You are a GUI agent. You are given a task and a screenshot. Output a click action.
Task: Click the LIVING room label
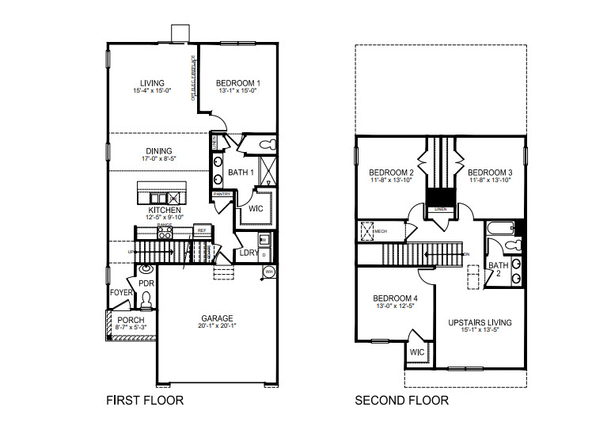151,83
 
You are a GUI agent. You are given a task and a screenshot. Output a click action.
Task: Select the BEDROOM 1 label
238,83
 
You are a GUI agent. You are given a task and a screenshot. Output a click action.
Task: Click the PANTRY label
221,194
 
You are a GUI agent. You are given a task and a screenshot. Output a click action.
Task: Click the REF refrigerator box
202,230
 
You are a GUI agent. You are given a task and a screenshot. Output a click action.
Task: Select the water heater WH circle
269,272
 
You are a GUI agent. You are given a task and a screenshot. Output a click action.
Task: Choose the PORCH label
131,320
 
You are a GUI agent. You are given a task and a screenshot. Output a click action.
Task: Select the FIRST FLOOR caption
145,401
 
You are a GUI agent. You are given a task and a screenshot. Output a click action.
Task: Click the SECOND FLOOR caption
401,401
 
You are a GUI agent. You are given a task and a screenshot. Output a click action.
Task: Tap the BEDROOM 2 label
392,173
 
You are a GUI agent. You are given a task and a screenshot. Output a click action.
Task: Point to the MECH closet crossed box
367,232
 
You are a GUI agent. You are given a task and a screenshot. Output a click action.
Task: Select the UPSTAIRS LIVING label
480,322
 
